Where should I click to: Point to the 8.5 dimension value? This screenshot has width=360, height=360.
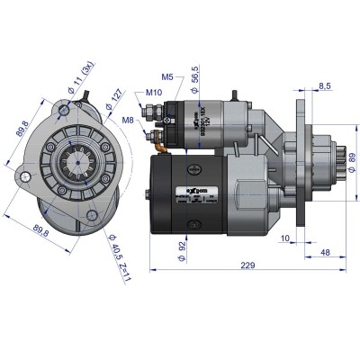(x=324, y=85)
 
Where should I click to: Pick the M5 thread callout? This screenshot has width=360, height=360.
(x=167, y=76)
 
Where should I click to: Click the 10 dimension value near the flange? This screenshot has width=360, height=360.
(x=284, y=238)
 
